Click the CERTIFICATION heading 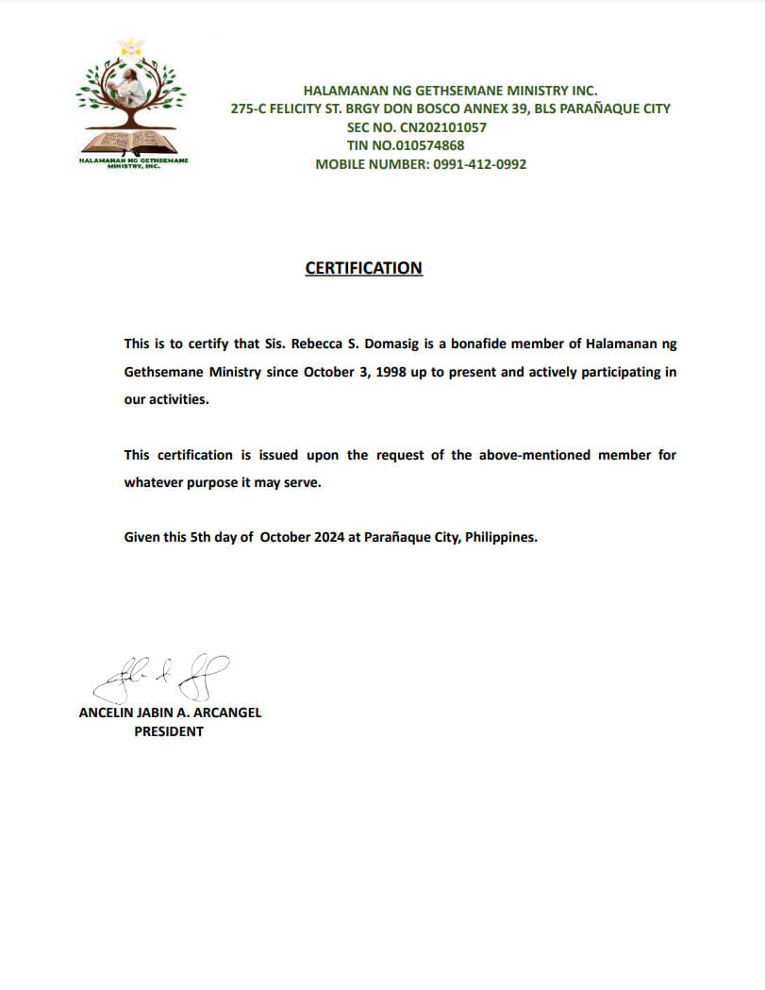click(x=363, y=268)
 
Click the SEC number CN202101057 click(x=441, y=127)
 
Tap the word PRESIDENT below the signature click(x=169, y=731)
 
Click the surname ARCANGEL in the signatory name click(x=225, y=713)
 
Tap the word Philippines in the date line click(x=501, y=538)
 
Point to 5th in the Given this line click(x=193, y=538)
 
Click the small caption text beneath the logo click(x=132, y=163)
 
